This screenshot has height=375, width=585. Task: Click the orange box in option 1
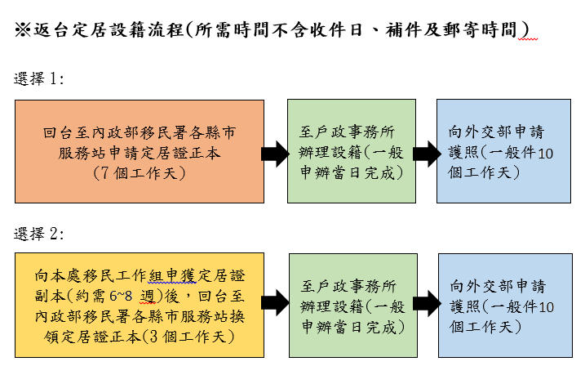click(140, 151)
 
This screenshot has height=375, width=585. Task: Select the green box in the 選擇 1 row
click(349, 151)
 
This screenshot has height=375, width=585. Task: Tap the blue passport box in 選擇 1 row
click(503, 151)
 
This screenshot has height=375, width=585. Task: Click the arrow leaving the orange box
click(275, 152)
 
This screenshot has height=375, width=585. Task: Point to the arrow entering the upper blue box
click(424, 152)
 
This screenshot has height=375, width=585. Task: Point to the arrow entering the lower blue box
click(424, 303)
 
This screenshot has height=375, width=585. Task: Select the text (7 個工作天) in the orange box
click(140, 172)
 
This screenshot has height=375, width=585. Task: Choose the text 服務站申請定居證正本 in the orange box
click(140, 152)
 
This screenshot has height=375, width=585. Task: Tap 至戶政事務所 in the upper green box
click(348, 132)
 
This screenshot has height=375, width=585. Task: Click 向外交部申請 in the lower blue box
click(497, 287)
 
